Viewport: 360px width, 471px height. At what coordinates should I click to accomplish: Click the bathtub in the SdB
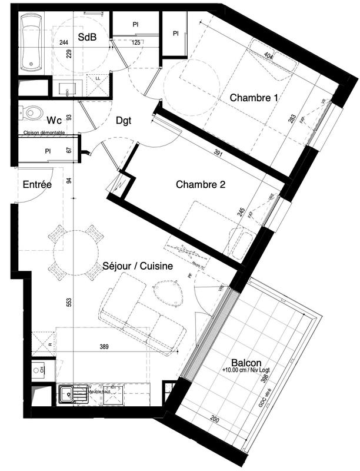coord(29,42)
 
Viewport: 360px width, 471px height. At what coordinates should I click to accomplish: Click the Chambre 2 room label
coord(201,184)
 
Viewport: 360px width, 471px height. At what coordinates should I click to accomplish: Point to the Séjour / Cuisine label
coord(138,266)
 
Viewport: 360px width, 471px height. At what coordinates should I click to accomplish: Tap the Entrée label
coord(37,185)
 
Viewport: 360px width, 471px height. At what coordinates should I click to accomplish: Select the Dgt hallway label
coord(124,120)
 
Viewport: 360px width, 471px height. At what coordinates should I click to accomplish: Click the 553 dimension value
coord(69,302)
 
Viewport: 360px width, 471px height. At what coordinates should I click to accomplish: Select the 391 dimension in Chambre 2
coord(217,152)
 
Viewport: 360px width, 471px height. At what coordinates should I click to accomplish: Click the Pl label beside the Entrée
coord(48,151)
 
